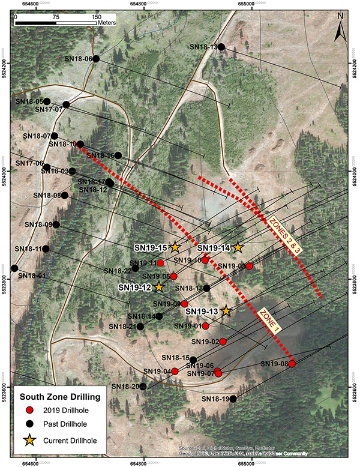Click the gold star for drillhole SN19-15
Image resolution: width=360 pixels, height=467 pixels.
[175, 247]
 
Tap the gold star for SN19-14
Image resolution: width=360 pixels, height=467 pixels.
[238, 247]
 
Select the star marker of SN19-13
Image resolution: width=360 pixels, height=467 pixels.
[226, 310]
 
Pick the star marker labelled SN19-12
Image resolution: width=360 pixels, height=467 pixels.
[158, 287]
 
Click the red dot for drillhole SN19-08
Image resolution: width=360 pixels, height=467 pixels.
[292, 364]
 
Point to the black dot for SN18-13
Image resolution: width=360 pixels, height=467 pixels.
[221, 47]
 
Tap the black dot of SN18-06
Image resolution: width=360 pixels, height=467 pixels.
[96, 58]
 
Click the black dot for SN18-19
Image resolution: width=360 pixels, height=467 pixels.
[233, 399]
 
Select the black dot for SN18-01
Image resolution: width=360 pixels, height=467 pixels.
[14, 268]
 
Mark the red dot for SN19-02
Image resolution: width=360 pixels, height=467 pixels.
[223, 341]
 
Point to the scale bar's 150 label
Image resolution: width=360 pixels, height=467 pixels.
[96, 17]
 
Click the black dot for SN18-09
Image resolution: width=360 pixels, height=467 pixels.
[56, 224]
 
